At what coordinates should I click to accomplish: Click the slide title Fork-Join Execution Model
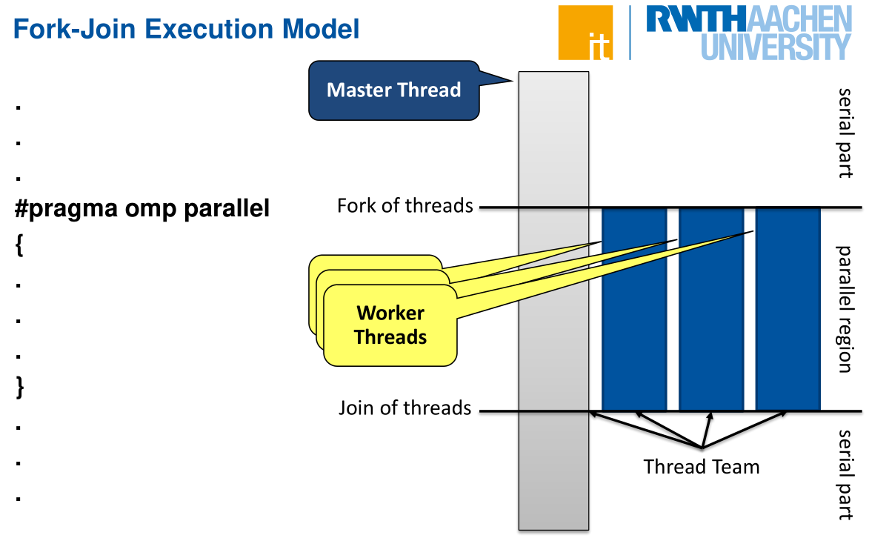(x=187, y=29)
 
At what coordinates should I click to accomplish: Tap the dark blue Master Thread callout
(x=393, y=90)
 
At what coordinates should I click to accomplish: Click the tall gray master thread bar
(x=553, y=296)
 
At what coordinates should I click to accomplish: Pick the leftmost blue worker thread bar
(x=634, y=308)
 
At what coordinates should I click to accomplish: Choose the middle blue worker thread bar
(x=711, y=308)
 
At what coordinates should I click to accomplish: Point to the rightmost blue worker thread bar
(x=788, y=308)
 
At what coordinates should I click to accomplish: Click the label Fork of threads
(x=404, y=205)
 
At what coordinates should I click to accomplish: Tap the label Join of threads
(x=404, y=408)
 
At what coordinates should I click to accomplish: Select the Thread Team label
(x=701, y=467)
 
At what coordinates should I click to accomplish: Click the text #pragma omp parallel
(x=142, y=209)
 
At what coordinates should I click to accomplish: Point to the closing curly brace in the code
(x=20, y=388)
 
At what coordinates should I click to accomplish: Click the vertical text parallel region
(x=844, y=308)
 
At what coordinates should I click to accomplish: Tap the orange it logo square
(x=585, y=33)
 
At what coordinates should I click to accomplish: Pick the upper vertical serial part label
(x=845, y=133)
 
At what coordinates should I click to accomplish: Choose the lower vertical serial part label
(x=845, y=474)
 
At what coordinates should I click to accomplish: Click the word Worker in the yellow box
(x=390, y=313)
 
